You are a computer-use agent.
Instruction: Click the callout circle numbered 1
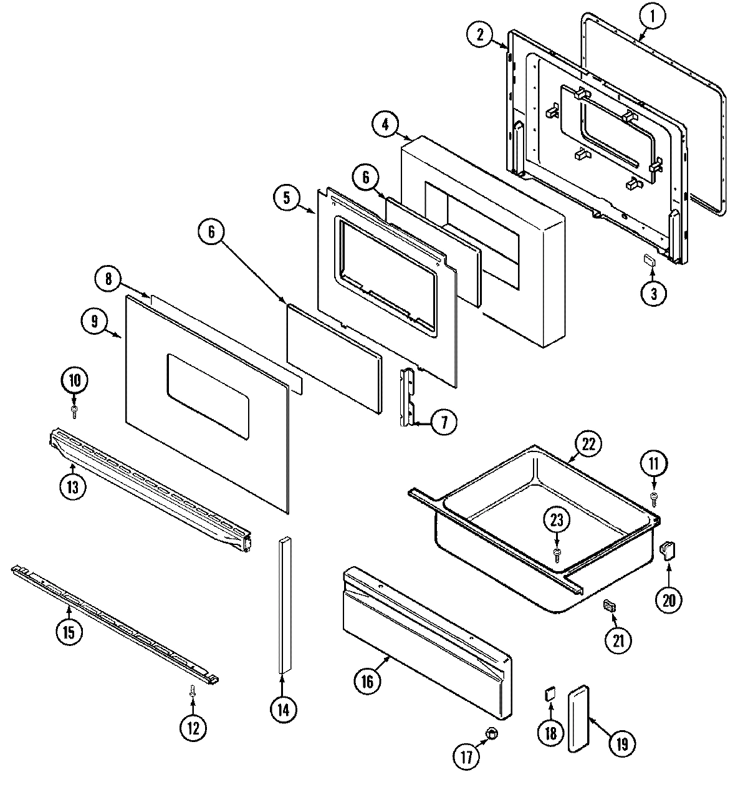651,17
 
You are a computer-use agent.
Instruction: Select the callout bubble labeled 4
386,124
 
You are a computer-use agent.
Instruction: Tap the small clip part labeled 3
649,259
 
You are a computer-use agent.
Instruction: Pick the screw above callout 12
193,690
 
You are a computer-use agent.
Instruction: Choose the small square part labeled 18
550,693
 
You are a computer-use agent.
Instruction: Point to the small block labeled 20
668,549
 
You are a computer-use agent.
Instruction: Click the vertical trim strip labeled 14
284,605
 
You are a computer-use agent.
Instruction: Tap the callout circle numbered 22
589,445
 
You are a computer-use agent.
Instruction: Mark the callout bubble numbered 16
367,682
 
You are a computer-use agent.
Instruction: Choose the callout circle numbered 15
69,632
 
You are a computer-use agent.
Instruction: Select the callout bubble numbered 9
95,321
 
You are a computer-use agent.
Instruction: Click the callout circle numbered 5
286,198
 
